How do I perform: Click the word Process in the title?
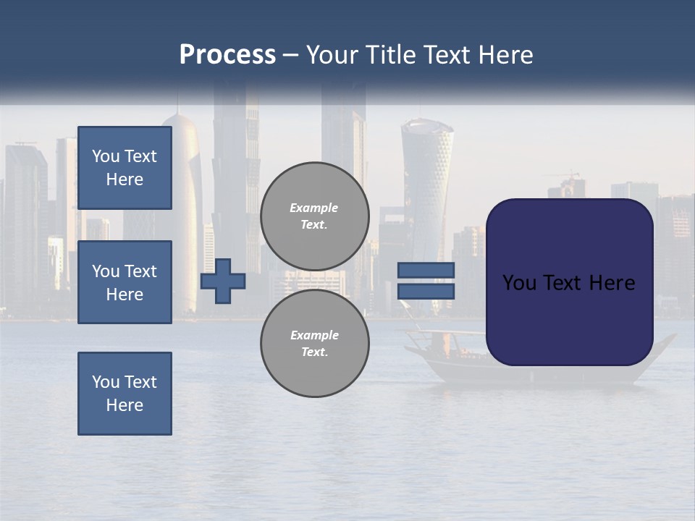coord(227,55)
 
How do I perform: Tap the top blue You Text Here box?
coord(125,168)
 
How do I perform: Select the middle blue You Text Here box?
coord(125,282)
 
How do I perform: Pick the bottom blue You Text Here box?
coord(125,394)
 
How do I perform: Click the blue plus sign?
coord(223,281)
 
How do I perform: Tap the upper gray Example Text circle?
coord(315,216)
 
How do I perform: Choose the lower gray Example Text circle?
coord(315,344)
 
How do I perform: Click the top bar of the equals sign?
coord(426,270)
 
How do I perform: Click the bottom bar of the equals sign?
coord(426,292)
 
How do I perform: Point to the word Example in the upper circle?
coord(313,208)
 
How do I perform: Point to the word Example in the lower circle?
coord(314,335)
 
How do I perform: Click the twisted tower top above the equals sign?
coord(427,134)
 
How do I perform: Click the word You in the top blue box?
coord(105,156)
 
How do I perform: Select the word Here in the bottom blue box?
coord(125,405)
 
